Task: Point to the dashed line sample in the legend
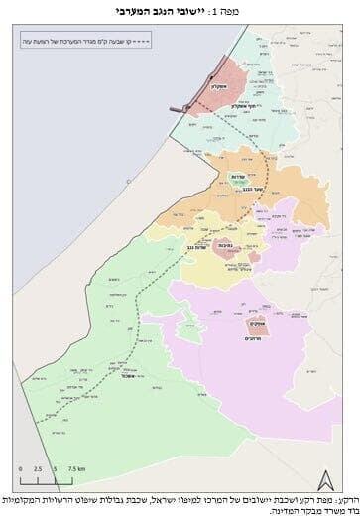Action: pyautogui.click(x=174, y=42)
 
